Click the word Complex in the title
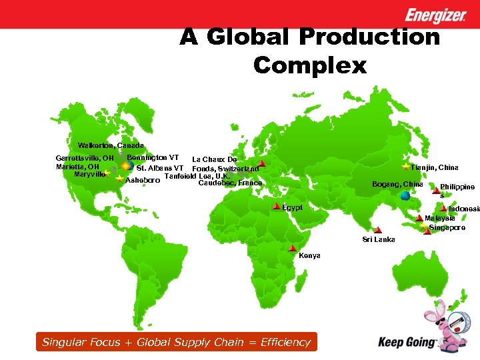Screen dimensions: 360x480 pyautogui.click(x=310, y=65)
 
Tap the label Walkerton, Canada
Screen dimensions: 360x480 pyautogui.click(x=111, y=145)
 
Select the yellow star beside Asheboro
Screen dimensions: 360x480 pyautogui.click(x=119, y=179)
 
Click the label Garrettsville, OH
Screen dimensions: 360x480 pyautogui.click(x=84, y=158)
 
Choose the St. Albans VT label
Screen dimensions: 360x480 pyautogui.click(x=160, y=168)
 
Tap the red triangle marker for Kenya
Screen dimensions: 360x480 pyautogui.click(x=293, y=248)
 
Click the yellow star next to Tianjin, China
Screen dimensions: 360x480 pyautogui.click(x=405, y=166)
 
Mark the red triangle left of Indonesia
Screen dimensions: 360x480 pyautogui.click(x=443, y=209)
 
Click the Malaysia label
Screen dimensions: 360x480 pyautogui.click(x=440, y=219)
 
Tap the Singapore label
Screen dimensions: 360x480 pyautogui.click(x=447, y=228)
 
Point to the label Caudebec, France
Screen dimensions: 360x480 pyautogui.click(x=230, y=183)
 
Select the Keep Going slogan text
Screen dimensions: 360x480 pyautogui.click(x=407, y=343)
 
